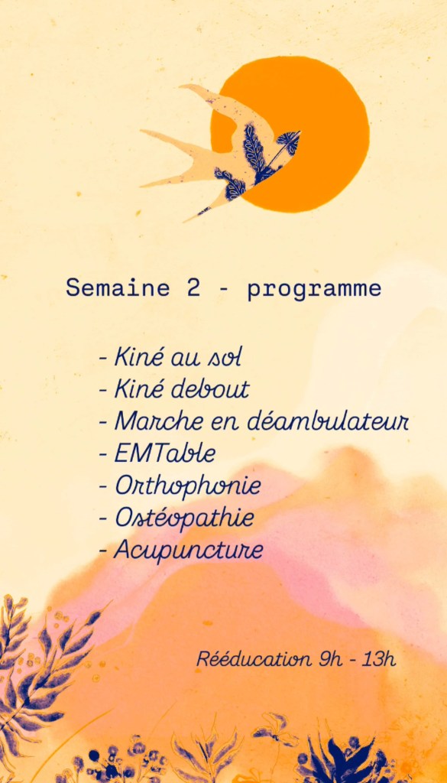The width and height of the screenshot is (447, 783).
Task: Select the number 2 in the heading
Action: [x=193, y=288]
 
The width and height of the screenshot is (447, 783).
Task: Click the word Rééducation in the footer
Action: [x=252, y=659]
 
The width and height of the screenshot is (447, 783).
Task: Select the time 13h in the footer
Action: [x=379, y=659]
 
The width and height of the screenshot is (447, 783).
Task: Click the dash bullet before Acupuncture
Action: [x=103, y=551]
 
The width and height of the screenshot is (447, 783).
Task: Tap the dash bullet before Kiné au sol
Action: [x=103, y=359]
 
